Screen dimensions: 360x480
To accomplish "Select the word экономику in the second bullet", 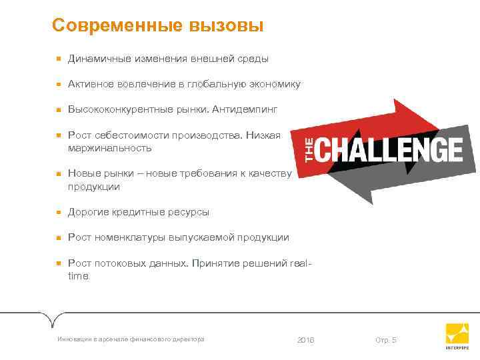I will click(273, 84).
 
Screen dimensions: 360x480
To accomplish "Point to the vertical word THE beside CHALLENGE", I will click(308, 149).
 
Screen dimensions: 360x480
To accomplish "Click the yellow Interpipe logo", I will click(457, 334).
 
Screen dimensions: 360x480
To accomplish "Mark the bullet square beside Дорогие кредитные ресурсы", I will click(59, 212).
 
